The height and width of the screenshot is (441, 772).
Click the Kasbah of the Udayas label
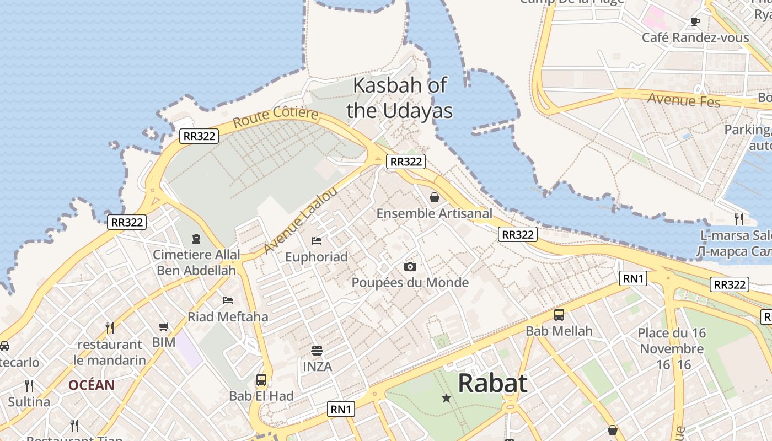(x=400, y=98)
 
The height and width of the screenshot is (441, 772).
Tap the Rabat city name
(x=492, y=383)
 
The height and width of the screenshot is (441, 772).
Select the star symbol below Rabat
(x=446, y=398)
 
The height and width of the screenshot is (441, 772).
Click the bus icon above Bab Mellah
(x=559, y=315)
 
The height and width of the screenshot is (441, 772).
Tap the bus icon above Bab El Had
(x=261, y=380)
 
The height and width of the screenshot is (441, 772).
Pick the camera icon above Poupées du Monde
(x=410, y=267)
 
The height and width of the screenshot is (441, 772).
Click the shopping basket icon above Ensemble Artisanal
(x=435, y=197)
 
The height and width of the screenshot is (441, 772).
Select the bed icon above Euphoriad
(x=317, y=240)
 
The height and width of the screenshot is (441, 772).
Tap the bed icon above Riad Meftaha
(x=228, y=300)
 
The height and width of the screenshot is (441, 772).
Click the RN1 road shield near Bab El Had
(x=341, y=409)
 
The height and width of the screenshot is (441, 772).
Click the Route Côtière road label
(x=275, y=117)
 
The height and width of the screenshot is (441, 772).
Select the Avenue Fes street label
(x=683, y=100)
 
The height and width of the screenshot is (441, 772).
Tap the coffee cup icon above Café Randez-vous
(x=695, y=22)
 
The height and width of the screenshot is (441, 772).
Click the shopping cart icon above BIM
(x=163, y=327)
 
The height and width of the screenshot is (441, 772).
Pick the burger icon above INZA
(x=317, y=350)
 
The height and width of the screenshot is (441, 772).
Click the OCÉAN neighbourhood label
(x=92, y=385)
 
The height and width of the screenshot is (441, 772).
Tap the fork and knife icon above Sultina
(x=29, y=385)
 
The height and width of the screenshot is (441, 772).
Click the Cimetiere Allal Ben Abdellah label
(x=196, y=262)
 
